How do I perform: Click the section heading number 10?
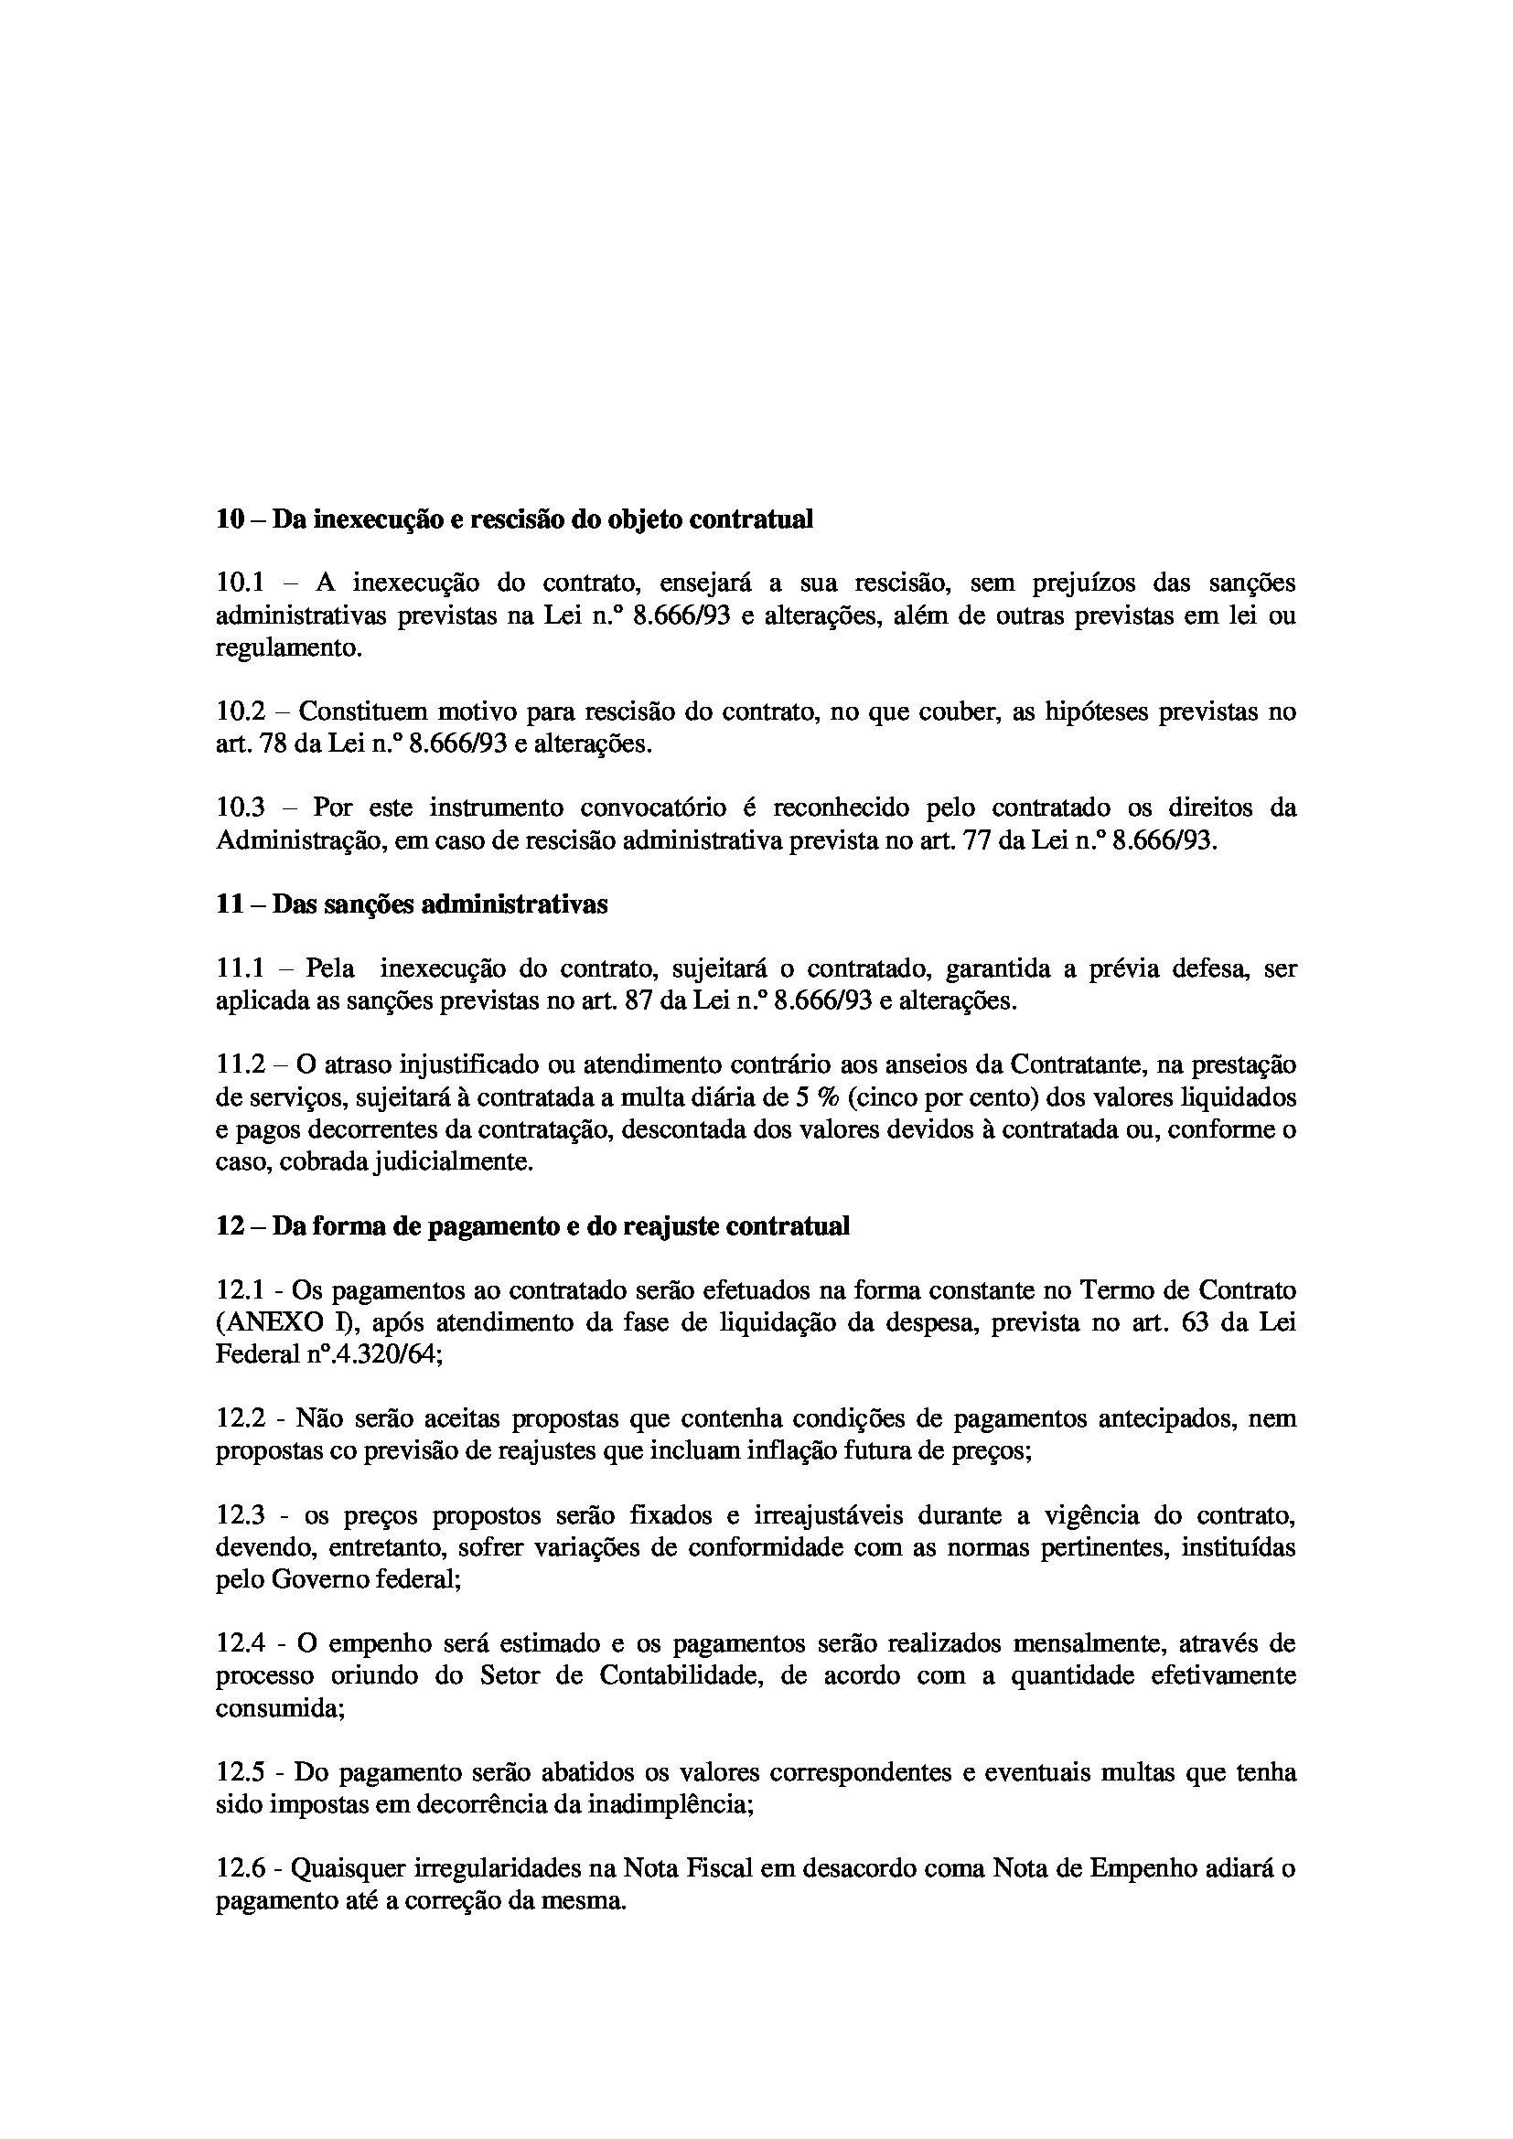pos(231,519)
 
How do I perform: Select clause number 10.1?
pos(241,583)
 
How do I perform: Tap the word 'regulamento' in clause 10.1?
pos(285,648)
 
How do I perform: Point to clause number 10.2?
pos(241,712)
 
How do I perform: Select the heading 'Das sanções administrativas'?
pos(440,904)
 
